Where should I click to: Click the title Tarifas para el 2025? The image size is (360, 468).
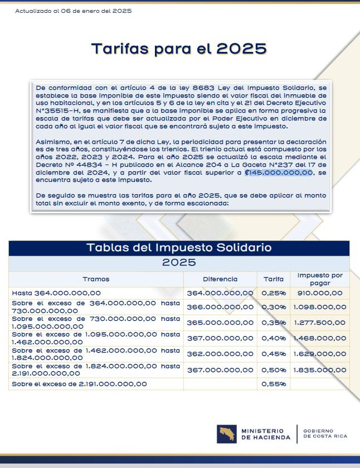click(179, 49)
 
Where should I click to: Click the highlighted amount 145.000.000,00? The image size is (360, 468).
click(279, 173)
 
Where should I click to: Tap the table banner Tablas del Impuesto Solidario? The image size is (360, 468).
click(179, 248)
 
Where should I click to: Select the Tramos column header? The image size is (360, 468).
click(96, 279)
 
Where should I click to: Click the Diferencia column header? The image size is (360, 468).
click(220, 279)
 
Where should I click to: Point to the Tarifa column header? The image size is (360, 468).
click(273, 279)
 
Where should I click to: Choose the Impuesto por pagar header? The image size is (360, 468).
click(320, 279)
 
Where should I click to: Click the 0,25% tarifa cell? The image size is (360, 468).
click(273, 293)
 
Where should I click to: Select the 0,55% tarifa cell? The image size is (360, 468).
click(273, 384)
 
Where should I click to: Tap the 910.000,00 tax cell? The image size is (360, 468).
click(320, 293)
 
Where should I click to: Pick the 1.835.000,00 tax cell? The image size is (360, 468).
click(320, 370)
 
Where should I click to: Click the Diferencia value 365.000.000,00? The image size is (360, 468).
click(220, 322)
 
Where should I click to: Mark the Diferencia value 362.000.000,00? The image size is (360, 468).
click(220, 354)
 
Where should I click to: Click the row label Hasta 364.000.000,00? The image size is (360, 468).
click(56, 293)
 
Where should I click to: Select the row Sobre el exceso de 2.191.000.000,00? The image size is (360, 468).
click(79, 384)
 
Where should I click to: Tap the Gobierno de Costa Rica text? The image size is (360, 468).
click(325, 433)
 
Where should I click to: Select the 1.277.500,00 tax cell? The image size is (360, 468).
click(320, 322)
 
